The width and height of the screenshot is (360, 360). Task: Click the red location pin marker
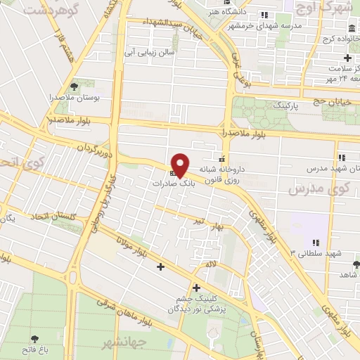pyautogui.click(x=181, y=165)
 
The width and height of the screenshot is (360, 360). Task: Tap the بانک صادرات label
pyautogui.click(x=172, y=182)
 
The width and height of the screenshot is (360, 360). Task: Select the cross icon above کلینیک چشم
pyautogui.click(x=195, y=287)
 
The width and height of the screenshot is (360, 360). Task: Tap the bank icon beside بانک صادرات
pyautogui.click(x=173, y=173)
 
